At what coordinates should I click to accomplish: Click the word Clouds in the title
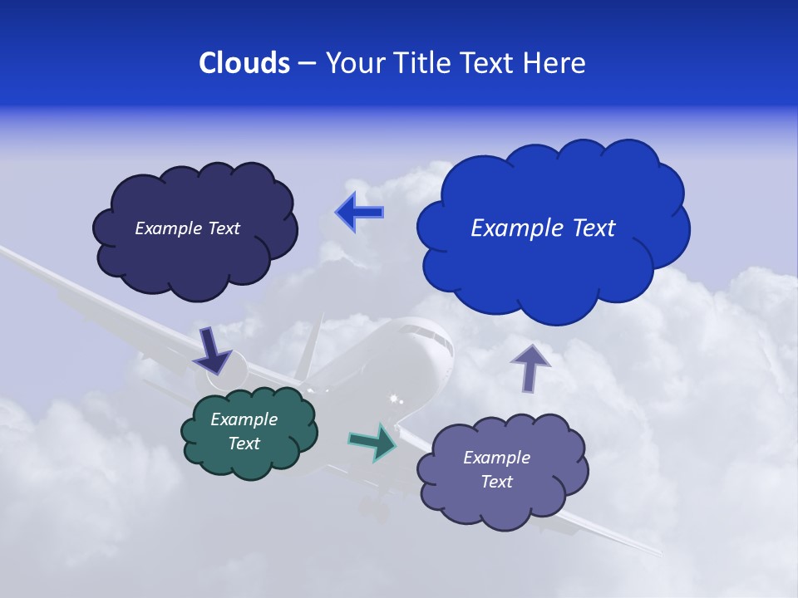(x=244, y=62)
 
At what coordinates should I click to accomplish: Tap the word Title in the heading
(x=422, y=62)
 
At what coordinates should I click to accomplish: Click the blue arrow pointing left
(x=359, y=213)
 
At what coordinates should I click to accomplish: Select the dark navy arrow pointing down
(x=213, y=350)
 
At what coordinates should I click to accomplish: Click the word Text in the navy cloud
(x=223, y=228)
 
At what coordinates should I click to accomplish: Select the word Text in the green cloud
(x=244, y=444)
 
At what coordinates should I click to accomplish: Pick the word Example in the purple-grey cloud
(x=496, y=458)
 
